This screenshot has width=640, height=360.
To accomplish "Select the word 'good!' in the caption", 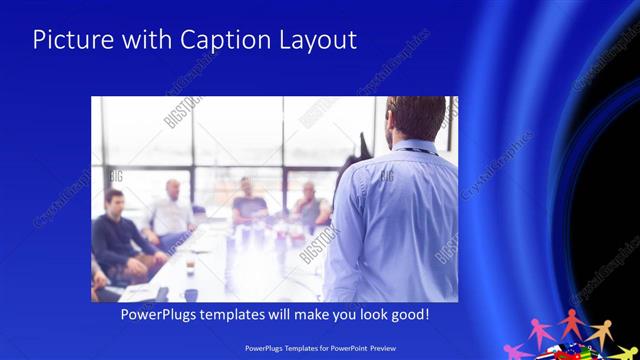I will coord(409,314).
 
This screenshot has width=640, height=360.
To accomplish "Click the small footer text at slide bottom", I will coord(320,349).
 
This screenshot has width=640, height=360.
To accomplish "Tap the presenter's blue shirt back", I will coord(395,220).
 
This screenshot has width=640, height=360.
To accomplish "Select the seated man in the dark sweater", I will coord(118,235).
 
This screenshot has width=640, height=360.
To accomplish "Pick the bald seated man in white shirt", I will coord(171,210).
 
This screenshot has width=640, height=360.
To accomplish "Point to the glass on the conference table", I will coord(189,267).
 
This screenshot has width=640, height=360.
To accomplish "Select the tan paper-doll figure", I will coord(599,329).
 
